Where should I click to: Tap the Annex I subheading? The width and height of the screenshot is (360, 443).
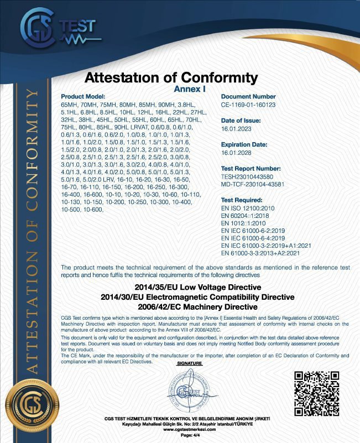point(189,88)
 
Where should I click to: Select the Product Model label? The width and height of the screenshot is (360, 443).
point(83,96)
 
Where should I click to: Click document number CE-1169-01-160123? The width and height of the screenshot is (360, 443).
point(248,104)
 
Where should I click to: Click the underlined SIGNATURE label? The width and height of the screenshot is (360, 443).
point(190,363)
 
